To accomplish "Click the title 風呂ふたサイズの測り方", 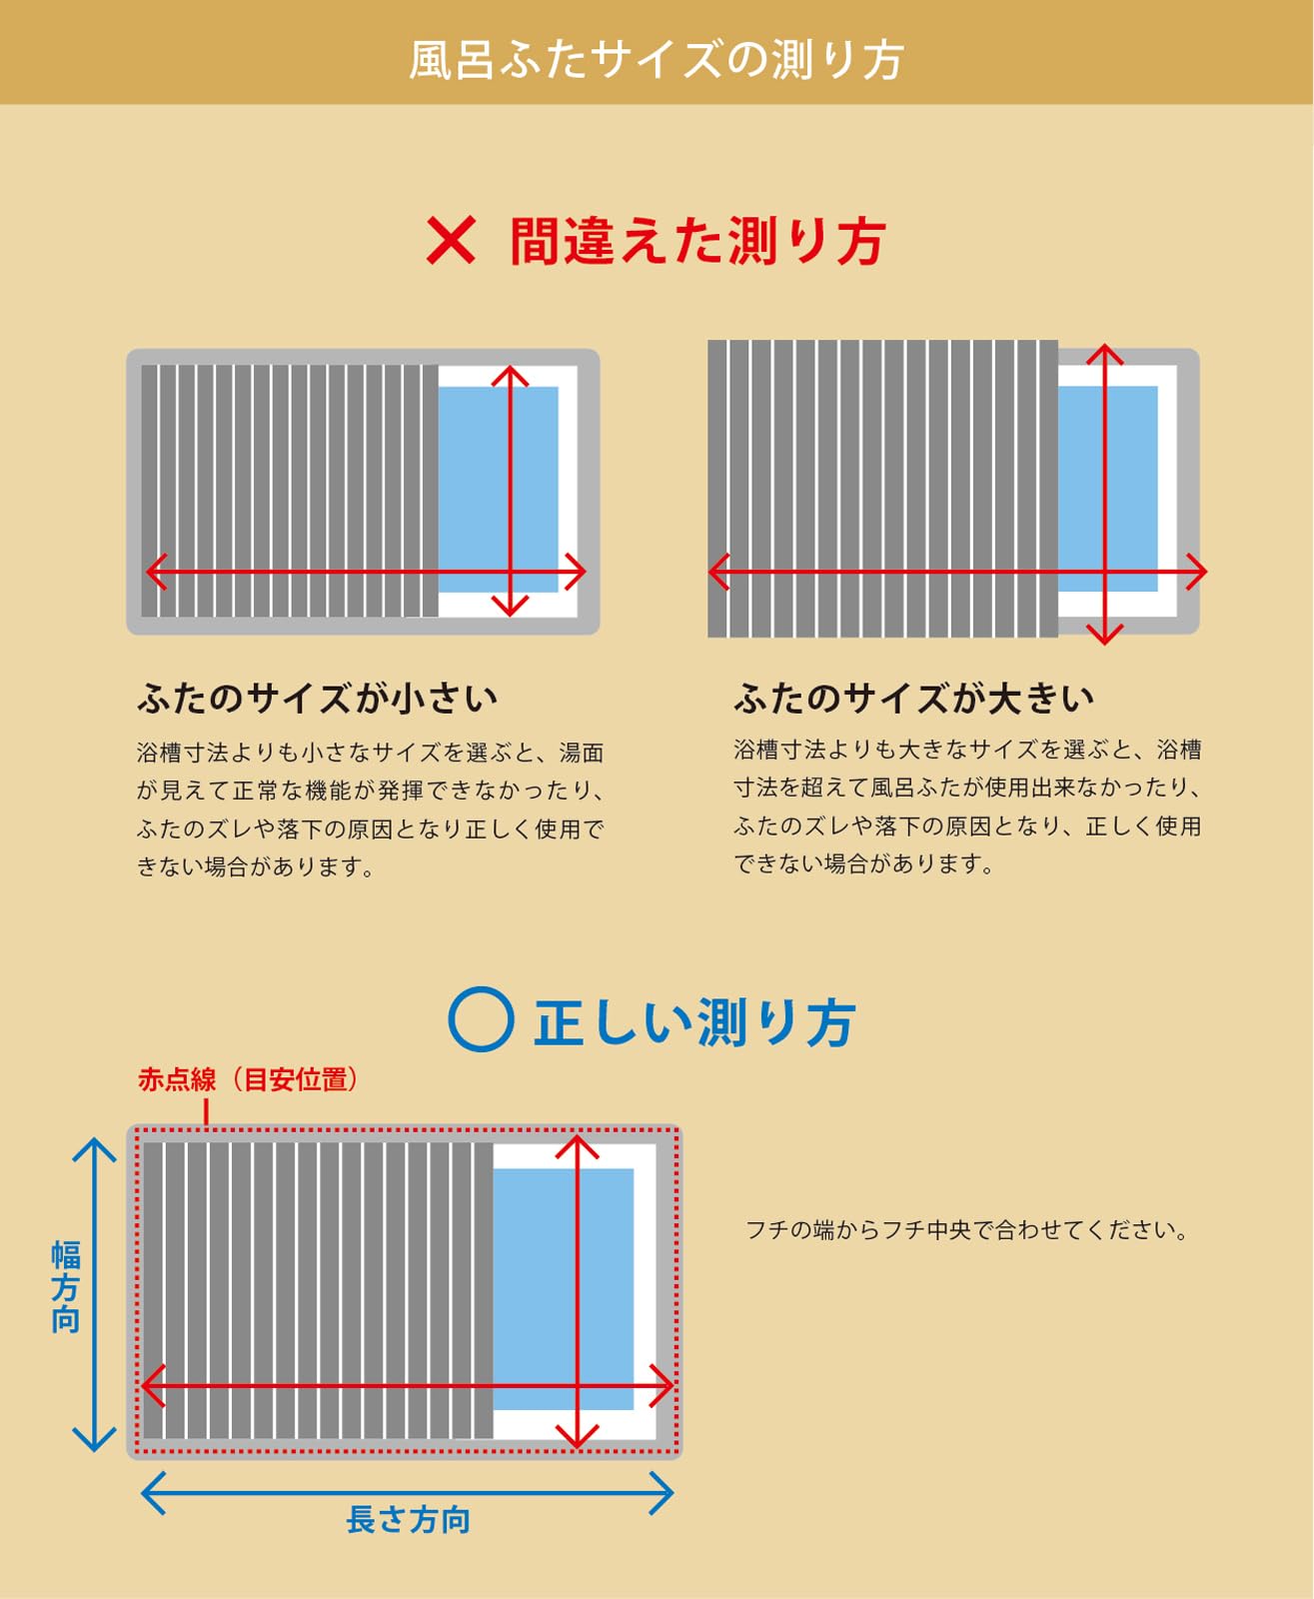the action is [657, 59].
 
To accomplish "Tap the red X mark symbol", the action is [451, 240].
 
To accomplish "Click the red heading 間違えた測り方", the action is [697, 241].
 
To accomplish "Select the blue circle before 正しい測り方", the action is [482, 1019].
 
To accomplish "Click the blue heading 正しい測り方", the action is [695, 1022].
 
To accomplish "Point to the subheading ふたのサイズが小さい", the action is [318, 699].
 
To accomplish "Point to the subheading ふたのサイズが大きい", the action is [914, 699].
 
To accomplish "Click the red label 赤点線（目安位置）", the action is [248, 1079].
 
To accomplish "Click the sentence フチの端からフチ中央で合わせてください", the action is [966, 1230].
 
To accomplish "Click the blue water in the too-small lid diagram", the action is [499, 489].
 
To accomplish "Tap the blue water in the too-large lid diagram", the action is [1108, 489].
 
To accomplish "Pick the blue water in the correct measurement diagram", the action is [564, 1289].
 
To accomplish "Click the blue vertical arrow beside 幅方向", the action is [94, 1294].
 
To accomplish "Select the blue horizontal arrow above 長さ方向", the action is [407, 1493].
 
